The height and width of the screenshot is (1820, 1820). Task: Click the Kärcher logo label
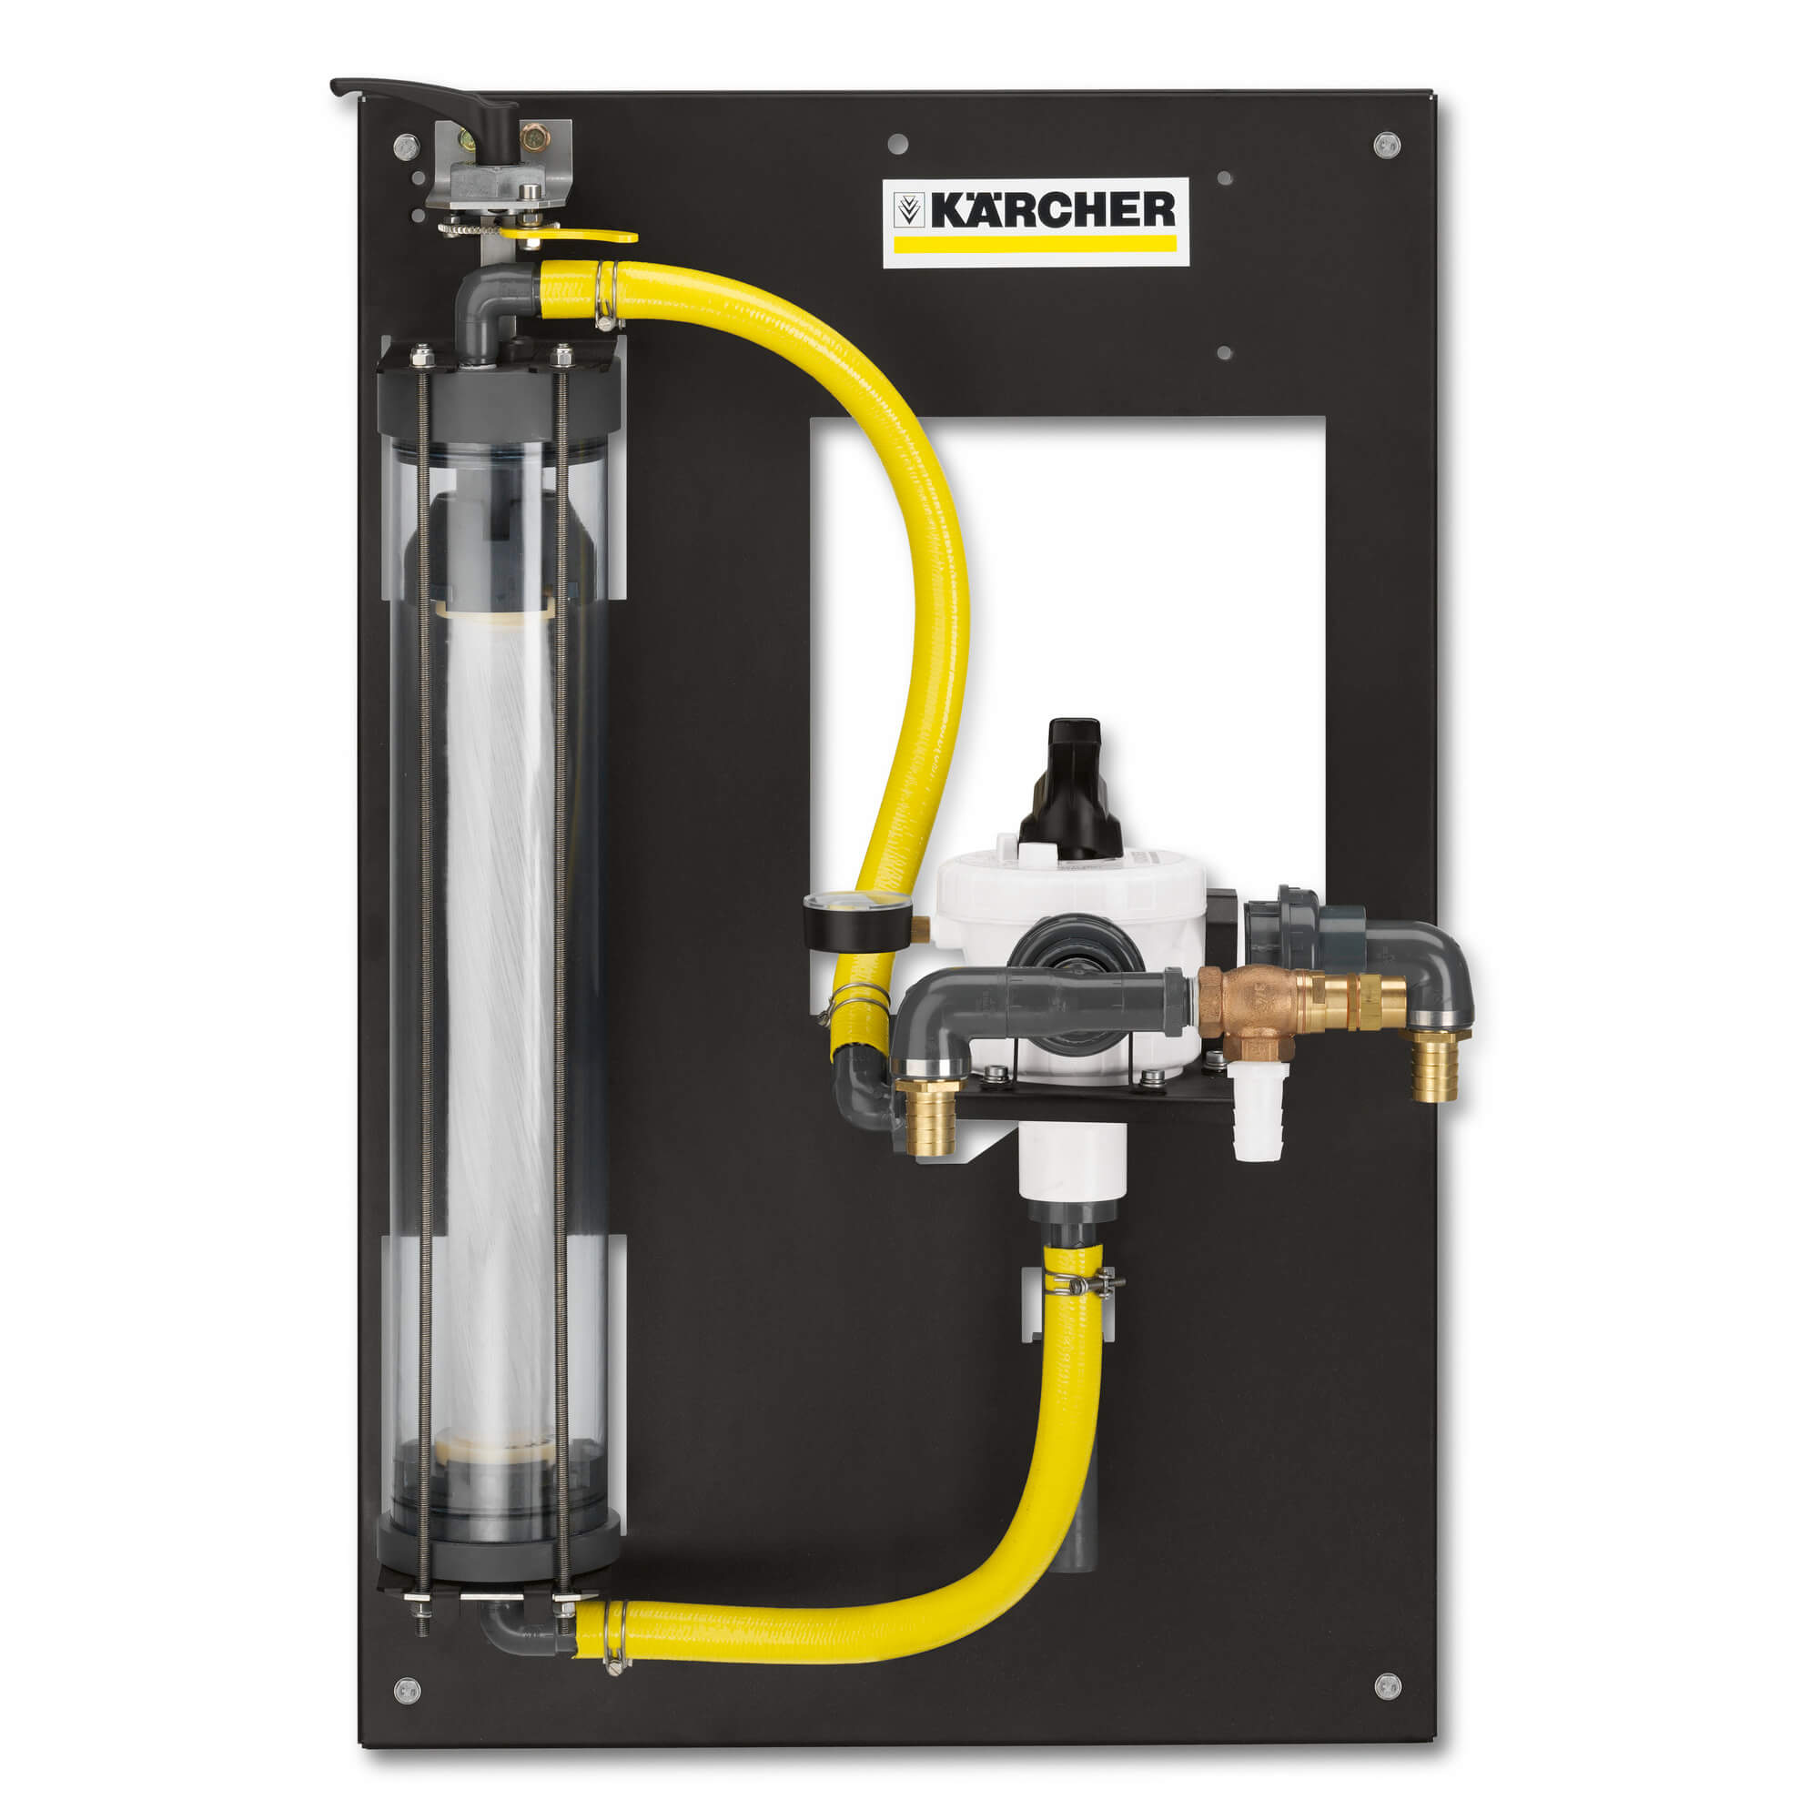tap(1035, 222)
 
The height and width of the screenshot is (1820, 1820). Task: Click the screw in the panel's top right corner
tap(1386, 145)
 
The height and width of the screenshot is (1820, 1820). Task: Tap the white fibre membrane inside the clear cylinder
tap(499, 1017)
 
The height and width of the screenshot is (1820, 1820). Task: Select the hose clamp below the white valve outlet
tap(1086, 1282)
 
